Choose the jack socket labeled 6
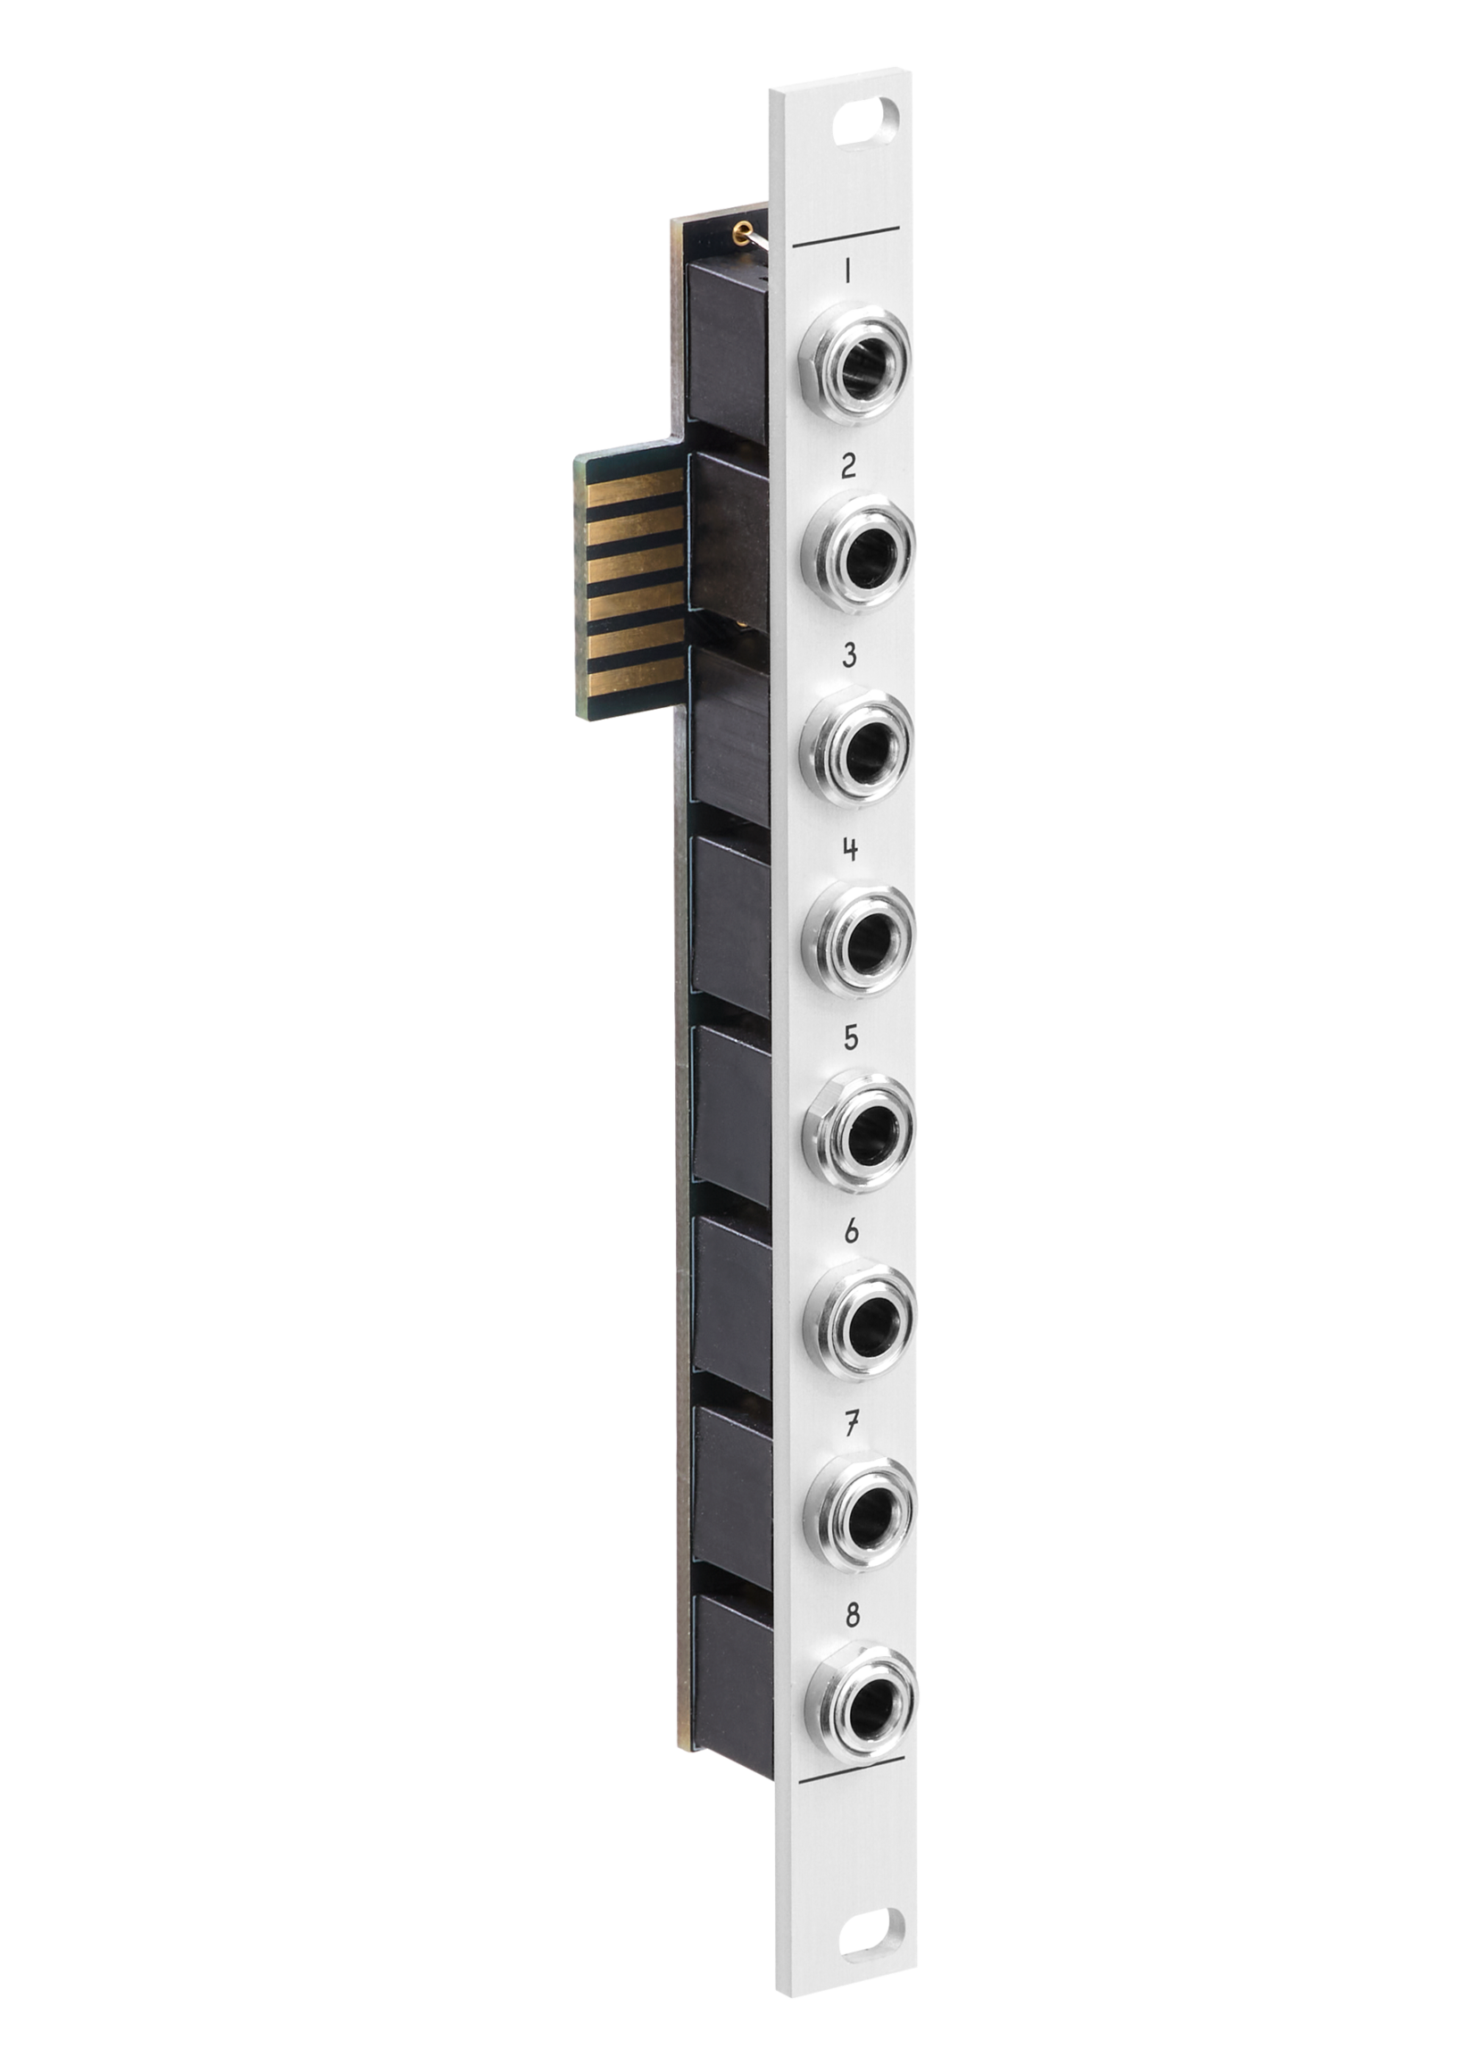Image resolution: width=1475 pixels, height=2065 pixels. click(859, 1318)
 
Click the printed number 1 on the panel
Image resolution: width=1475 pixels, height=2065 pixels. click(846, 271)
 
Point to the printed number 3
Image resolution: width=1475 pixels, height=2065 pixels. click(849, 655)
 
